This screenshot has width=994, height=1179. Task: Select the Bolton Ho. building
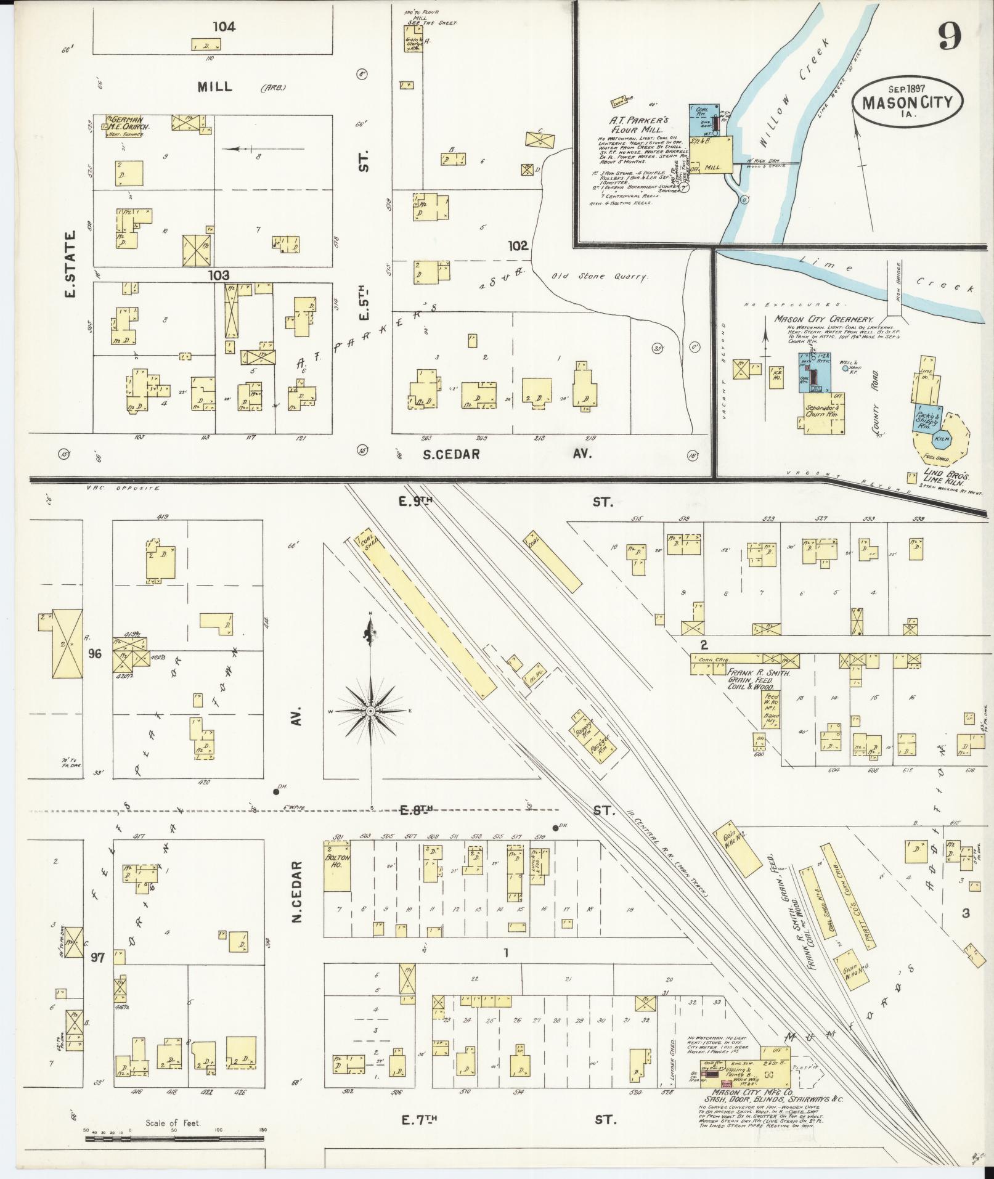pyautogui.click(x=338, y=864)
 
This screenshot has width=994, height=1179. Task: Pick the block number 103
pyautogui.click(x=218, y=275)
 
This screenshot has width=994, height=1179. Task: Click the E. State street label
pyautogui.click(x=69, y=264)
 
